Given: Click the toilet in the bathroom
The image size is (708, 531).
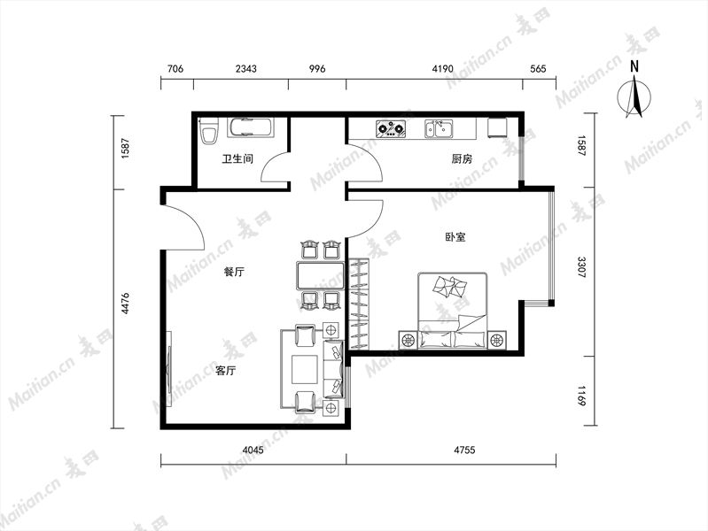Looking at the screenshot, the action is [x=208, y=131].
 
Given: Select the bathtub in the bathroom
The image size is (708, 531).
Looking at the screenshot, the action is [x=250, y=127].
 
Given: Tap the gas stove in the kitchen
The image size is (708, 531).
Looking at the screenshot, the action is [x=391, y=128].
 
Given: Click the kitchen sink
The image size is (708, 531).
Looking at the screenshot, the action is [x=439, y=128].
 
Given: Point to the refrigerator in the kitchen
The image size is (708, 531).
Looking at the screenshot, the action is [x=497, y=127].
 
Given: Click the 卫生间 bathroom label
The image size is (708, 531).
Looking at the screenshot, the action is [x=237, y=158].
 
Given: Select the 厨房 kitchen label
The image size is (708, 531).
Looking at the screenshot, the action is [x=462, y=158].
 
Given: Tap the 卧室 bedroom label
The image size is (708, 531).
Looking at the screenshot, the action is [x=455, y=237].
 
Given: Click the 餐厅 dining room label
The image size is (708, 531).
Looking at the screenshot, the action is [x=234, y=272].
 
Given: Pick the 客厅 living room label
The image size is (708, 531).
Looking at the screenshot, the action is [x=225, y=371].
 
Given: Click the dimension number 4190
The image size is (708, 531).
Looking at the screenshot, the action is [x=442, y=68].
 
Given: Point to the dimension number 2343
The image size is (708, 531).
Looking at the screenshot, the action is [x=246, y=68].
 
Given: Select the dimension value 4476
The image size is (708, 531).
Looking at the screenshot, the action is [x=125, y=304].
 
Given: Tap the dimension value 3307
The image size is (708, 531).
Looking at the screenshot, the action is [x=582, y=266].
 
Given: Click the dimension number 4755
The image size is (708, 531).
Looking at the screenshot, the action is [x=464, y=450].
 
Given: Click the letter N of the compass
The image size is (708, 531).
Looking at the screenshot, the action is [x=634, y=66].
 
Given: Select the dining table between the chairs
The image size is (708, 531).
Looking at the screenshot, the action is [x=320, y=275].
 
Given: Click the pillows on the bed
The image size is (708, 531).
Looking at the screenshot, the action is [x=450, y=286].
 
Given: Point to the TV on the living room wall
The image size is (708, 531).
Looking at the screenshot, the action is [x=169, y=369].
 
